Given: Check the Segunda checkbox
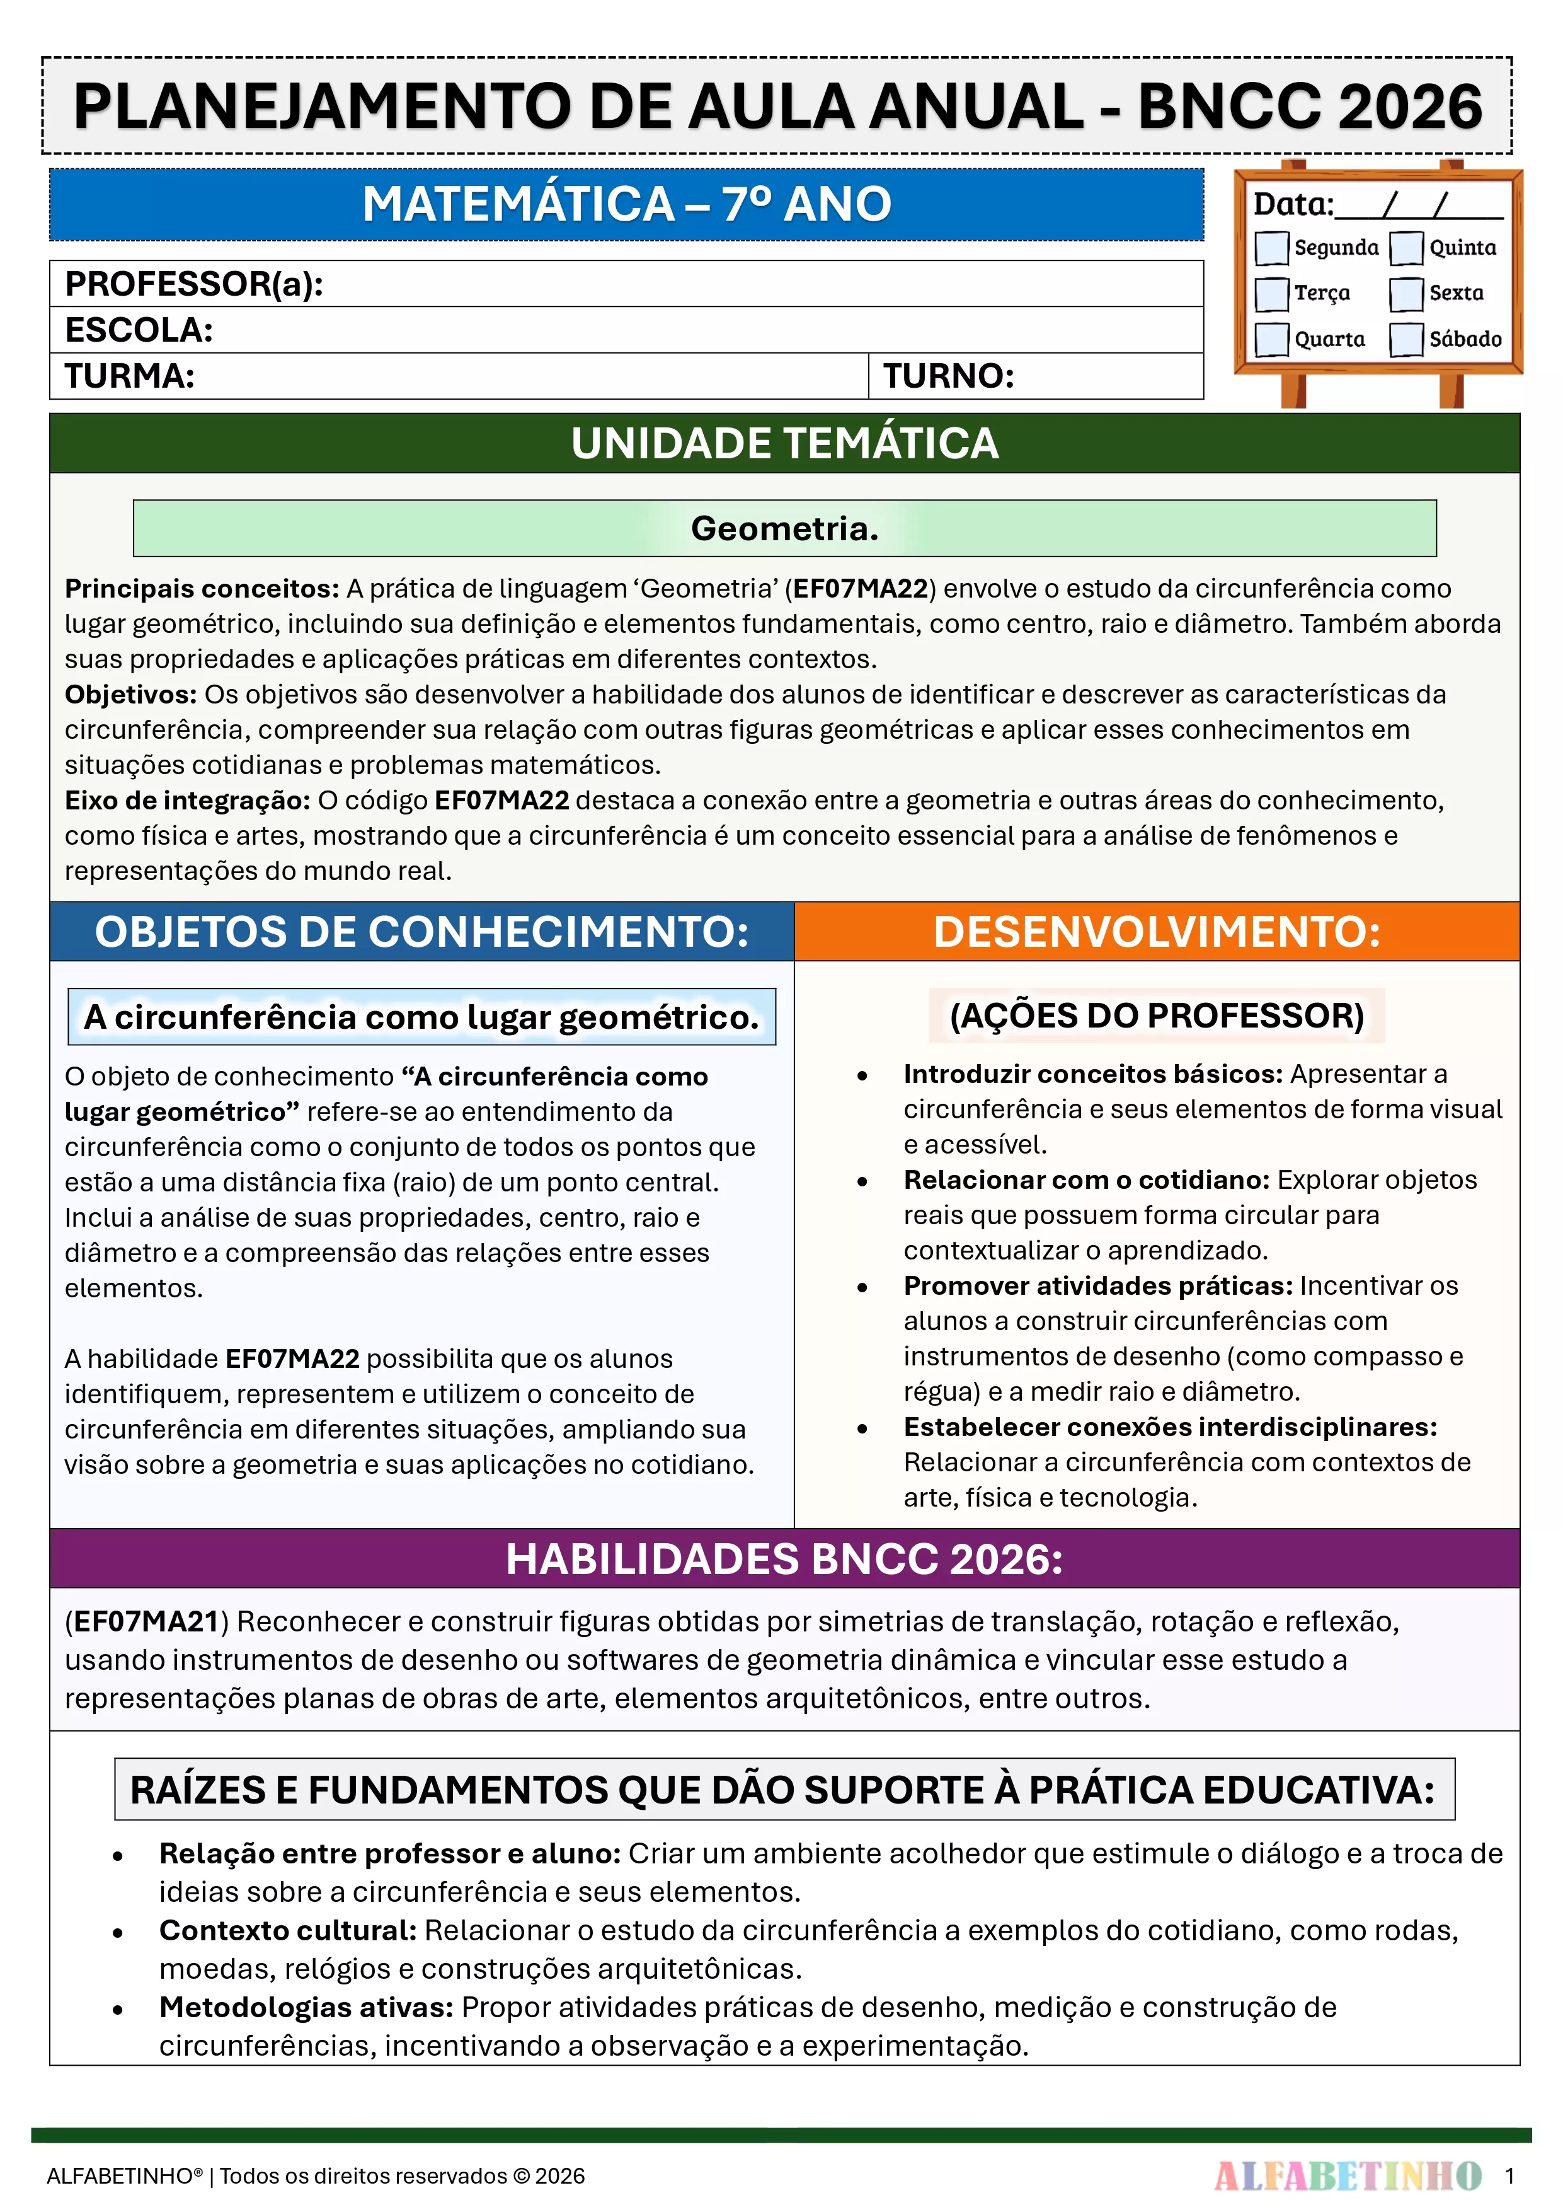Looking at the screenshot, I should (x=1271, y=248).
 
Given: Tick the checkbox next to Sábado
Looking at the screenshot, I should (x=1406, y=339).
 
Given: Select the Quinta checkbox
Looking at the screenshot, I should (x=1406, y=248).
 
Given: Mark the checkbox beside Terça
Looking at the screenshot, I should (x=1271, y=293).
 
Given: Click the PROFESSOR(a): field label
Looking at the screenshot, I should (x=193, y=284).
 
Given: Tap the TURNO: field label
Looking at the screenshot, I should (x=949, y=376).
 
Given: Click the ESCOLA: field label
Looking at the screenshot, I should (x=139, y=330).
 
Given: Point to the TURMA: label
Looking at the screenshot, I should (x=130, y=376).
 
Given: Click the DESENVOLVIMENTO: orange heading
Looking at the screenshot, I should (x=1157, y=932).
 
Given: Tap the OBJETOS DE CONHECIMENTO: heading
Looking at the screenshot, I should (x=422, y=932).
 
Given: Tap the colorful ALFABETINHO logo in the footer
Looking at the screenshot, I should (x=1348, y=2175).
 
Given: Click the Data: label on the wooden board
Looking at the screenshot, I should (x=1292, y=204).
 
